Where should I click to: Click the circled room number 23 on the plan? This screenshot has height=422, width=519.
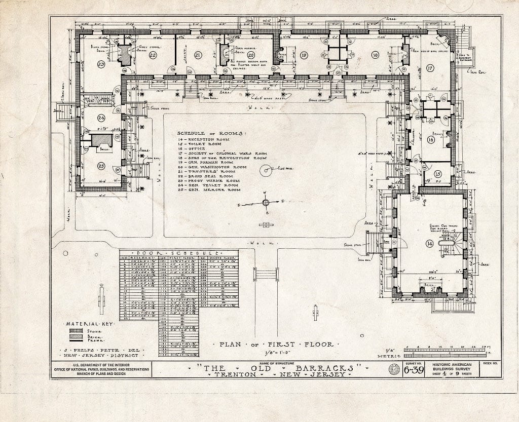pos(101,64)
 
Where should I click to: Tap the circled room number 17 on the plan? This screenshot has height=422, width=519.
pos(430,67)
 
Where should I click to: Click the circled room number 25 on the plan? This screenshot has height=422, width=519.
pos(101,166)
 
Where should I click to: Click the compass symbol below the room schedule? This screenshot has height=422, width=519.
pos(265,203)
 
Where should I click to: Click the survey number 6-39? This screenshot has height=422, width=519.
pos(415,373)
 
